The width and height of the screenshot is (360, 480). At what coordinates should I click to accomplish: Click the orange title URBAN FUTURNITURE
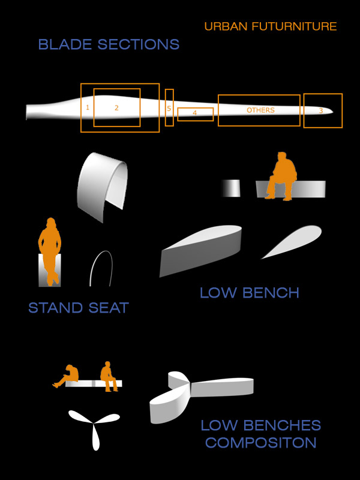(270, 26)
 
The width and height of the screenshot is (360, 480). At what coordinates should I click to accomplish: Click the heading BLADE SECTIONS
(109, 44)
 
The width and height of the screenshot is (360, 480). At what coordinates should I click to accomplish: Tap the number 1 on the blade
(88, 107)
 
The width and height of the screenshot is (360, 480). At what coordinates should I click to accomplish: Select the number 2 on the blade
(116, 108)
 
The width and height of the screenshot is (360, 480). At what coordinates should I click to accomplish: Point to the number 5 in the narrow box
(169, 109)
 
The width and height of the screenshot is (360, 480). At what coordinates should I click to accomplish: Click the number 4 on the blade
(194, 113)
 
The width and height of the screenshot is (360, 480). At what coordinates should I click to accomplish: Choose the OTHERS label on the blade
(260, 110)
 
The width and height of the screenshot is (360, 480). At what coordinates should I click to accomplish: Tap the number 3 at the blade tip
(321, 111)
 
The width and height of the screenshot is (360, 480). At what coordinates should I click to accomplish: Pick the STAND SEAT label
(79, 308)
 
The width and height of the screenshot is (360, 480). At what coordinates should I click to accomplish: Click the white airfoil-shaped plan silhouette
(292, 241)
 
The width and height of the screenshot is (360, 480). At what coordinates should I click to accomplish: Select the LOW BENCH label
(249, 293)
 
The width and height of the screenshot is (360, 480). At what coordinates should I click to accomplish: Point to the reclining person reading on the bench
(67, 376)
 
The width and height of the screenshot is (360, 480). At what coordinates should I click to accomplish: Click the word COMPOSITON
(260, 443)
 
